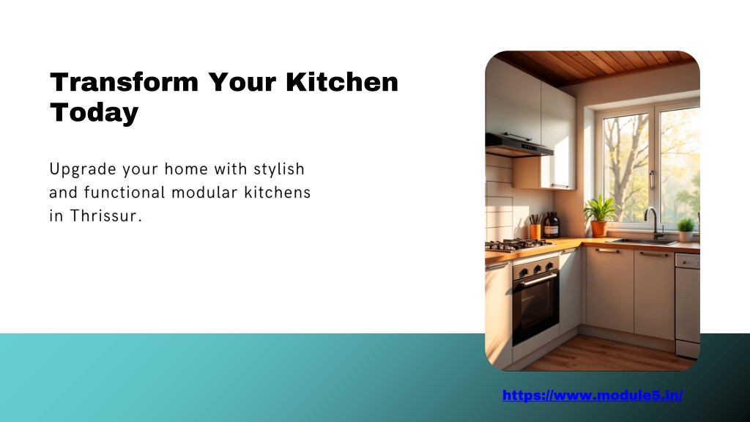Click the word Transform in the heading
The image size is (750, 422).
coord(124,82)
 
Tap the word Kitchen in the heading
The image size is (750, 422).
coord(342,82)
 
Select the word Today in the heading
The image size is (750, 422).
coord(94,113)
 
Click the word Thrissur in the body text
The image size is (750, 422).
coord(106,216)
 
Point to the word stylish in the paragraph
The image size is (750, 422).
coord(279,169)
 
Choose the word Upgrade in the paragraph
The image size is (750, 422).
coord(83,169)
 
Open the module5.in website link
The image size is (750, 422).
coord(592,395)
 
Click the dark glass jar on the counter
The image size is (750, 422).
coord(552,225)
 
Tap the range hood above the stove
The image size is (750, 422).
coord(519,146)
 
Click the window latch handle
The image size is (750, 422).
coord(651,179)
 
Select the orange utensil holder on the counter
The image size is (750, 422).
coord(535,232)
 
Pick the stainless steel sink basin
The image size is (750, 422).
coord(641,241)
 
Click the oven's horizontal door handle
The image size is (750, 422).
coord(538,280)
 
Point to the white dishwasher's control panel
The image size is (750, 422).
coord(688,261)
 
